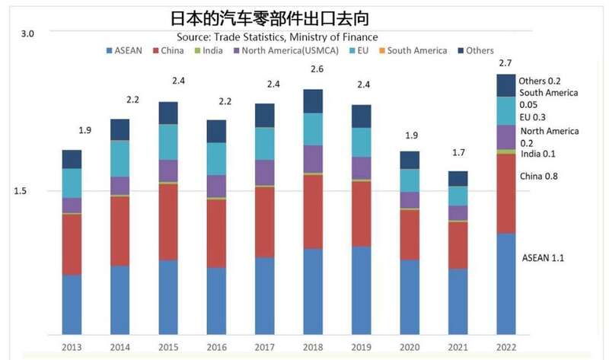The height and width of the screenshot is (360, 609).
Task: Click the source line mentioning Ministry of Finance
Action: point(277,37)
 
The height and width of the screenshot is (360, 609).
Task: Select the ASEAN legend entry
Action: point(128,51)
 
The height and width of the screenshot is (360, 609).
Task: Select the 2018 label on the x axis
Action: point(314,348)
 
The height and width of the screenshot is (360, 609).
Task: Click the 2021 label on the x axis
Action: point(458,348)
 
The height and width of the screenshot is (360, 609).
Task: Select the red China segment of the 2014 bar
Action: point(120,231)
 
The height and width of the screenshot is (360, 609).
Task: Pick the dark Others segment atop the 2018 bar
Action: point(313,100)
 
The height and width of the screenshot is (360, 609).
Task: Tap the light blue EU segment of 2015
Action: point(168,142)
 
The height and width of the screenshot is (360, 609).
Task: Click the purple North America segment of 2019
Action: point(361,167)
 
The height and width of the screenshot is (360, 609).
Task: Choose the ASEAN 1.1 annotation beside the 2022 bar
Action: point(543,258)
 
